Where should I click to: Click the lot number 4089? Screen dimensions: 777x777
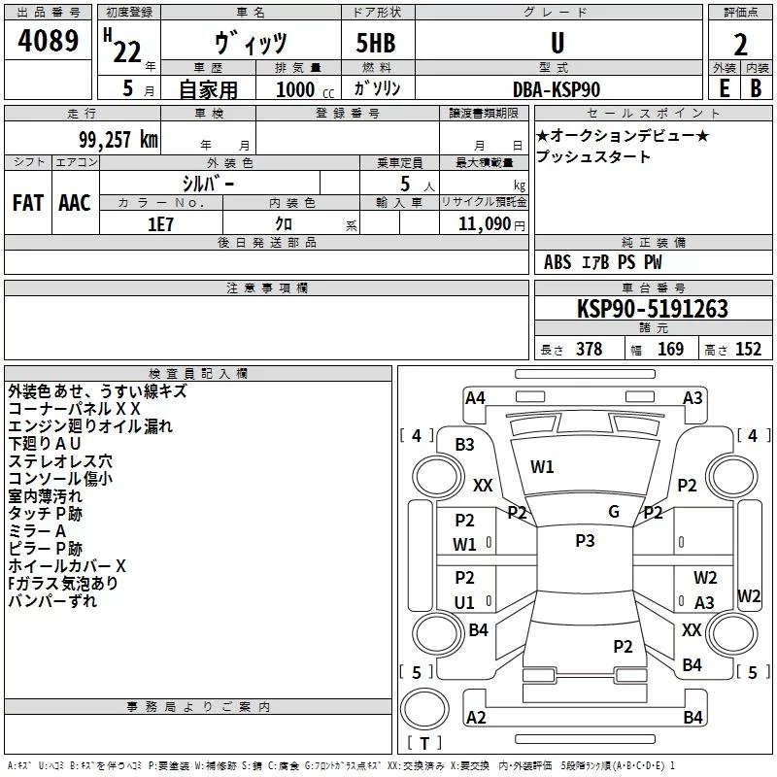(x=49, y=42)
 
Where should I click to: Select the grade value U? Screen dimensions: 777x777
(x=557, y=43)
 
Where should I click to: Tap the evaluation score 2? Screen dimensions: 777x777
(x=740, y=45)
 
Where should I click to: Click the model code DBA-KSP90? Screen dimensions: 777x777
(x=557, y=89)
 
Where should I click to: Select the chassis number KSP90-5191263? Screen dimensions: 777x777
(x=653, y=309)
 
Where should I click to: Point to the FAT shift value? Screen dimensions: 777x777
(x=27, y=203)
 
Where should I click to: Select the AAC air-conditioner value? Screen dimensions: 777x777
(x=75, y=203)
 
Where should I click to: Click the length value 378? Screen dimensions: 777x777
(x=589, y=350)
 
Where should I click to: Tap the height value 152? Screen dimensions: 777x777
(x=748, y=350)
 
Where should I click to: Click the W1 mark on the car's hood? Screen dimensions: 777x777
(x=542, y=467)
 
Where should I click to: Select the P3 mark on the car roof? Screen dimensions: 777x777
(x=585, y=541)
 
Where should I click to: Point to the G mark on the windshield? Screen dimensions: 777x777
(x=614, y=512)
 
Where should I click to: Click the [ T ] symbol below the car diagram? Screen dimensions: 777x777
(x=423, y=743)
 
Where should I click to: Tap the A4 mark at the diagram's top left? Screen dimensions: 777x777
(x=475, y=398)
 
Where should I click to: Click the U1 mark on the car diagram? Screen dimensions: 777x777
(x=465, y=602)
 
